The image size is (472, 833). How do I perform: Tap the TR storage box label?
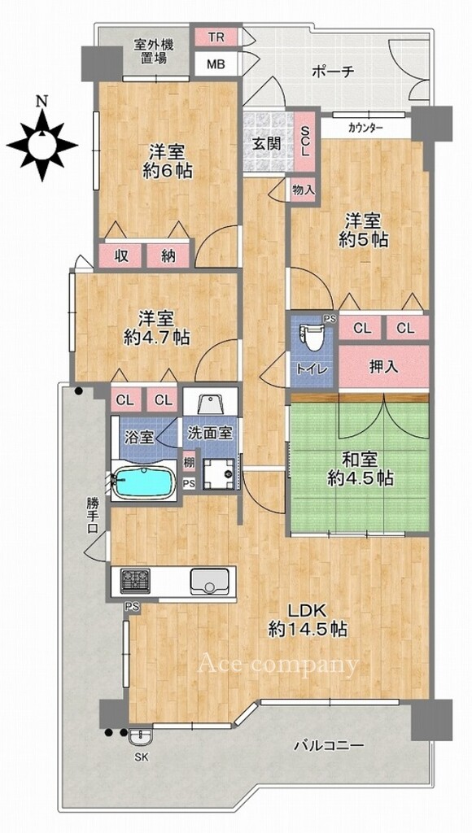216,37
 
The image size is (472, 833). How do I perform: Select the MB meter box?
216,65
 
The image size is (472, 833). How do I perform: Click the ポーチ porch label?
333,72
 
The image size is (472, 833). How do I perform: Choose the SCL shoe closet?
305,142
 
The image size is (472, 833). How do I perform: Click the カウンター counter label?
365,128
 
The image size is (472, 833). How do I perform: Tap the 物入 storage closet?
304,190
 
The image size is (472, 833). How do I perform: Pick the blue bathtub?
145,482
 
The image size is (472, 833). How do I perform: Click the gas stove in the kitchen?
135,581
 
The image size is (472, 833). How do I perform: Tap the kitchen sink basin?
210,581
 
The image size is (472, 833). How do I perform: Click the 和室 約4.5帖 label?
360,469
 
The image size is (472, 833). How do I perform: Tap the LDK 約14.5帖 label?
308,619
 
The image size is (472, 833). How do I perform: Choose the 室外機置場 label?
154,51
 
